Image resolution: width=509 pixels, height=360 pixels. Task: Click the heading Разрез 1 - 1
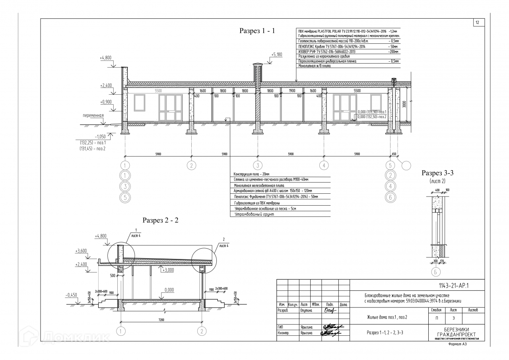tap(256, 31)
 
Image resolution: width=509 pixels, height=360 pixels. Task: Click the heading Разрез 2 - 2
tap(161, 220)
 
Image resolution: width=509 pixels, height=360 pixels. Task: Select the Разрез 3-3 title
tap(438, 173)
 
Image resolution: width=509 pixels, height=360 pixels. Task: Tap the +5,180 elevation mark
tap(277, 54)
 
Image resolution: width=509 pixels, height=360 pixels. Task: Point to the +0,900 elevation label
tap(106, 101)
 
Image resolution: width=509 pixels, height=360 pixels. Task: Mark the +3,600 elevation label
tap(81, 251)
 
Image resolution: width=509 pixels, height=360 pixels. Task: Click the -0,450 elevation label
tap(71, 295)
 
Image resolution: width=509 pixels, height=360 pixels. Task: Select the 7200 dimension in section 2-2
tap(161, 319)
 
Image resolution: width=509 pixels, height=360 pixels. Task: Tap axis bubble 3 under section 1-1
tap(258, 165)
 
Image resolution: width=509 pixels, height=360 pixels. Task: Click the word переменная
tap(93, 116)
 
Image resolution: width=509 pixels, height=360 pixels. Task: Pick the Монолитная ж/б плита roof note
tap(314, 66)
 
